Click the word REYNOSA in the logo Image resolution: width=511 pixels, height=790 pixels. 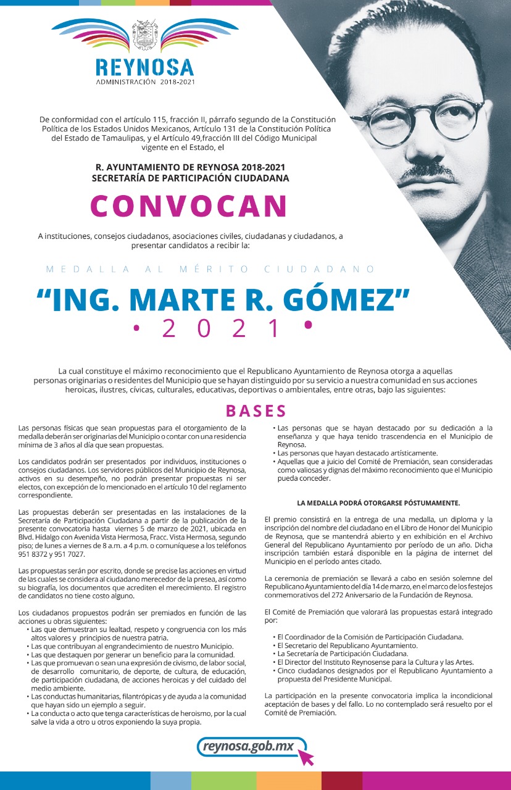[145, 67]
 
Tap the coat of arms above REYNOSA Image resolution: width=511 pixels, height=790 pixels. [145, 35]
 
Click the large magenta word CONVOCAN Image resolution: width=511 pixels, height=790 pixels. [189, 206]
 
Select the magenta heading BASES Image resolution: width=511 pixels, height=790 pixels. [255, 411]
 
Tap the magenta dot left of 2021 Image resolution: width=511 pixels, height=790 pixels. [136, 326]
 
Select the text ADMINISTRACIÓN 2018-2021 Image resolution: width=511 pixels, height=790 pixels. [145, 81]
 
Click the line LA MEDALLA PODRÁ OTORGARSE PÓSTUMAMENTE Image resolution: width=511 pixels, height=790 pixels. [378, 503]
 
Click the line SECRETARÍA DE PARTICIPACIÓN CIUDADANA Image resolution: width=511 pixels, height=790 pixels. [190, 178]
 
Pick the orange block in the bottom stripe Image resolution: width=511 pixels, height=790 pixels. [288, 781]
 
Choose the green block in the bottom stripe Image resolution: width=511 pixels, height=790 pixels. [223, 781]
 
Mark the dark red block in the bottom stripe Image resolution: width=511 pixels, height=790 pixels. [341, 781]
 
